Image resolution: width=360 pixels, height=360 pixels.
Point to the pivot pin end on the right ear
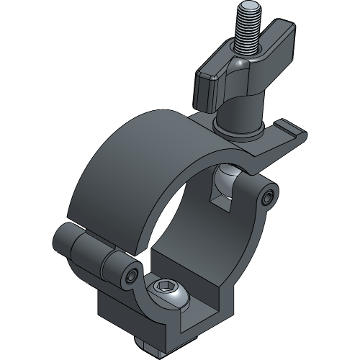click(x=270, y=197)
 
